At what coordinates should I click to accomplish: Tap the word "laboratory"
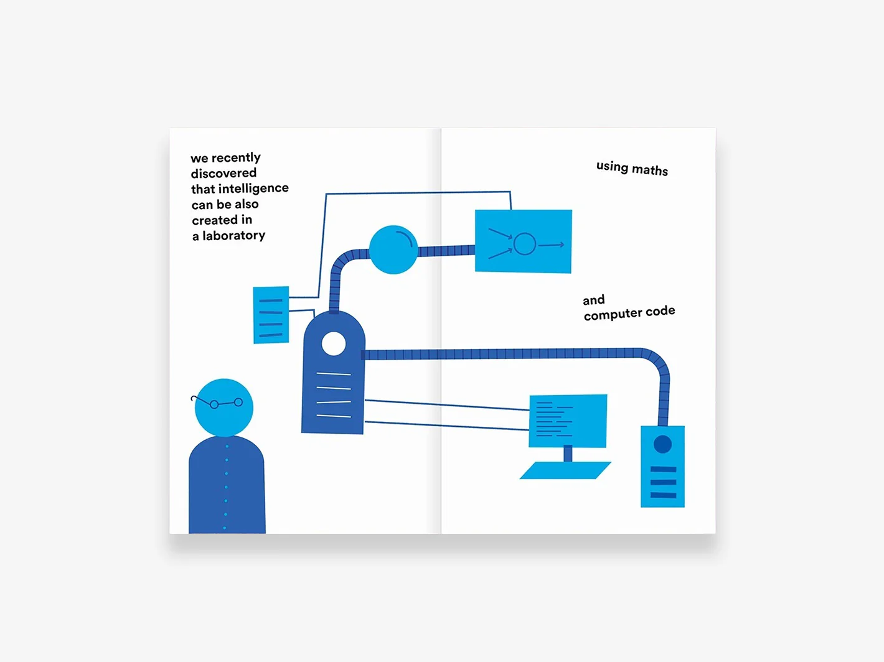coord(233,235)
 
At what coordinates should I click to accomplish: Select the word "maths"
coord(649,170)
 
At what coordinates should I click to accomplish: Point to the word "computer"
coord(613,314)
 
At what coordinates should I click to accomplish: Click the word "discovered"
coord(223,173)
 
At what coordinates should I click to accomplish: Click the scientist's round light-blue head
coord(224,408)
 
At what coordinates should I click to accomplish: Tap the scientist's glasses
coord(217,402)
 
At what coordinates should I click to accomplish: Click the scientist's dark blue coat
coord(227,485)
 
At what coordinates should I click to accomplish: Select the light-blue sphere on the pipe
coord(393,249)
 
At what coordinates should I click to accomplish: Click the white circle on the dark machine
coord(334,343)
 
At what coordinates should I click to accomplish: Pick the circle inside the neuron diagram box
coord(524,244)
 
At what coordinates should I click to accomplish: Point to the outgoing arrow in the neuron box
coord(551,245)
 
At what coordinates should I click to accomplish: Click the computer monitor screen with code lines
coord(568,421)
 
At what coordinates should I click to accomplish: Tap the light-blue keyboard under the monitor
coord(565,470)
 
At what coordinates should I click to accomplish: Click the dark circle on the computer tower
coord(662,444)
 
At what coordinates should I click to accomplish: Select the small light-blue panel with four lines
coord(271,315)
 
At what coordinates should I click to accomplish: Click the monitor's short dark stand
coord(568,454)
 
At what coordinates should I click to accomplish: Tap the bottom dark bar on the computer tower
coord(663,495)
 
